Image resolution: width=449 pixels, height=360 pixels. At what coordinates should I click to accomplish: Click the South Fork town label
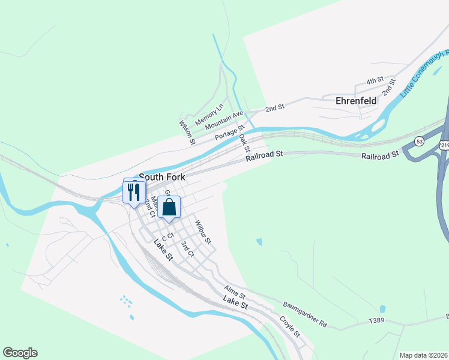tap(162, 178)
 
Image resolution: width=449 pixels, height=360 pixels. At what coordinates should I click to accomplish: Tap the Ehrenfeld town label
tap(356, 101)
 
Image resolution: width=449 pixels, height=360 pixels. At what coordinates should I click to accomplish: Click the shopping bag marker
tap(169, 207)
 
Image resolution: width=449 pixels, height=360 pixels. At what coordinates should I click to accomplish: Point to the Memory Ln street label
tap(209, 112)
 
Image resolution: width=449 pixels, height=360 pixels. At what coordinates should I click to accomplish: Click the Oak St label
tap(244, 143)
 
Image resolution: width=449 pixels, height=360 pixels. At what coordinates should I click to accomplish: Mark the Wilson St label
tap(187, 132)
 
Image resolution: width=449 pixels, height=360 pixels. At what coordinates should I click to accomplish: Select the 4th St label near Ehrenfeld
tap(375, 81)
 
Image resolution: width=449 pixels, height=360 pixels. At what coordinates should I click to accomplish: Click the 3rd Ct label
tap(188, 249)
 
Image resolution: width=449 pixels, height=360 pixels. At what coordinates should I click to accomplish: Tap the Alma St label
tap(235, 292)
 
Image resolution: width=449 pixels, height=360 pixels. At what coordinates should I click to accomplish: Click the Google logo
tap(20, 353)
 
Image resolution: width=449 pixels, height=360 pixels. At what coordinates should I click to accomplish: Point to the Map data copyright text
tap(423, 355)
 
